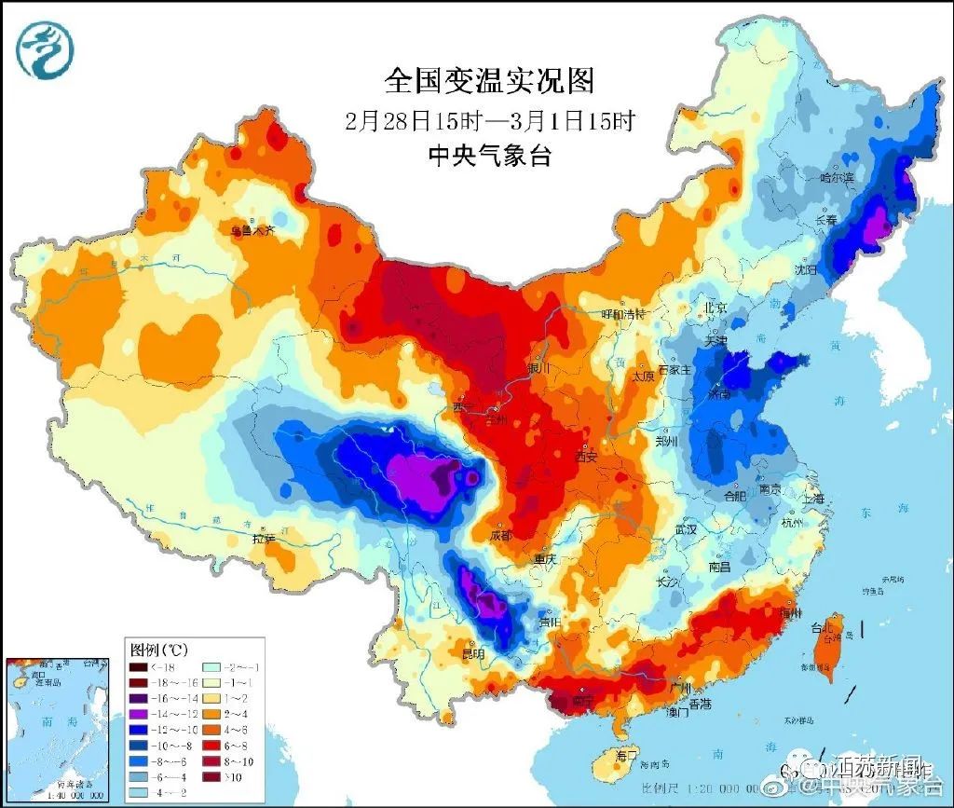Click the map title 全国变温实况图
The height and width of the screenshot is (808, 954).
click(489, 81)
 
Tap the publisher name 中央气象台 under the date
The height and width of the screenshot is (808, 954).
click(488, 156)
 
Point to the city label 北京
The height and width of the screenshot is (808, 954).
click(715, 307)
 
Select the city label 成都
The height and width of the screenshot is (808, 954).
click(500, 536)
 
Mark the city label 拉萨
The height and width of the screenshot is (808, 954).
click(264, 538)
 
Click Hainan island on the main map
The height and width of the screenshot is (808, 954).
click(620, 762)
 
